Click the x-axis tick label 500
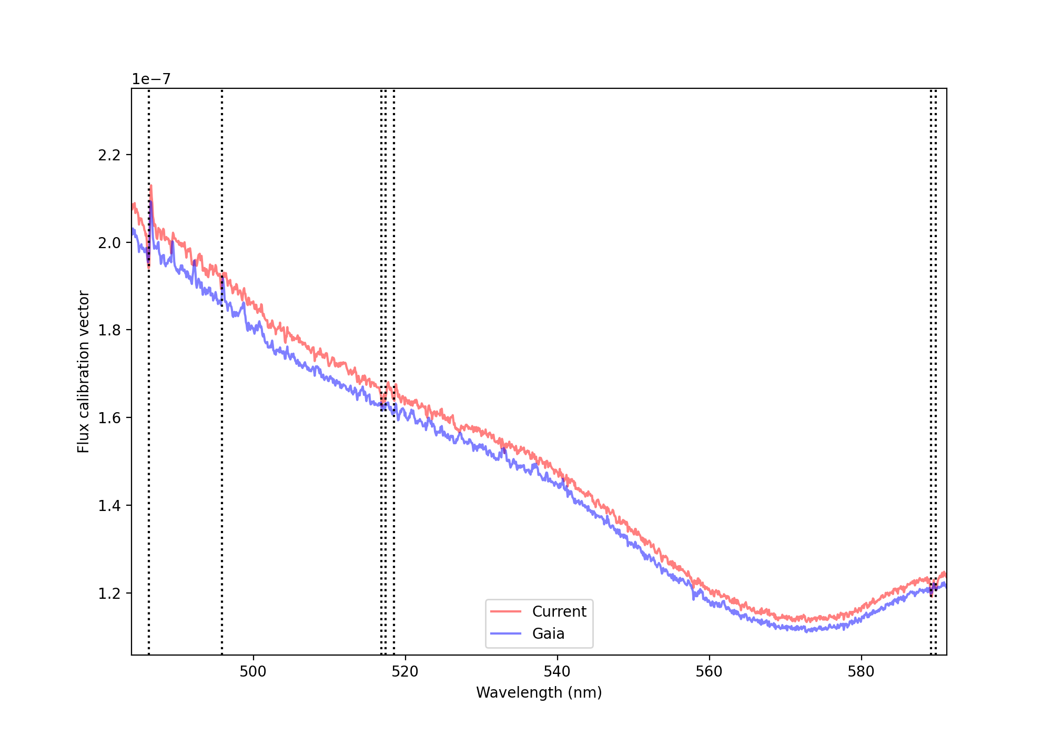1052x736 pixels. click(253, 671)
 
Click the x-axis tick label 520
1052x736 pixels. click(405, 671)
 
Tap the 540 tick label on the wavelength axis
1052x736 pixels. click(557, 671)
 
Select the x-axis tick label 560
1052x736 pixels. click(709, 671)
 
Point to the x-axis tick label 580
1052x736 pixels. click(861, 671)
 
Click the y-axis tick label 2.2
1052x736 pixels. click(109, 155)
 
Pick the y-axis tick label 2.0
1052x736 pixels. click(109, 243)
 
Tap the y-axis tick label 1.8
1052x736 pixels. click(109, 330)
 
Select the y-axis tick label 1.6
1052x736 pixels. click(109, 418)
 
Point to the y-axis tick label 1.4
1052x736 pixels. click(109, 506)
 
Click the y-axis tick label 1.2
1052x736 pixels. click(109, 594)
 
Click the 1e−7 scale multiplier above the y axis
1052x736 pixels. click(151, 79)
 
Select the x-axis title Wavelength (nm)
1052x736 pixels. click(539, 693)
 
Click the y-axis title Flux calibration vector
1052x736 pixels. click(84, 372)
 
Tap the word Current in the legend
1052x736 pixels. click(559, 611)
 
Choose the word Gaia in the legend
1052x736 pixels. click(548, 633)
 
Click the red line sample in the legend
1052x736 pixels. click(505, 611)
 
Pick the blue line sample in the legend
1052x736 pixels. click(505, 633)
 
